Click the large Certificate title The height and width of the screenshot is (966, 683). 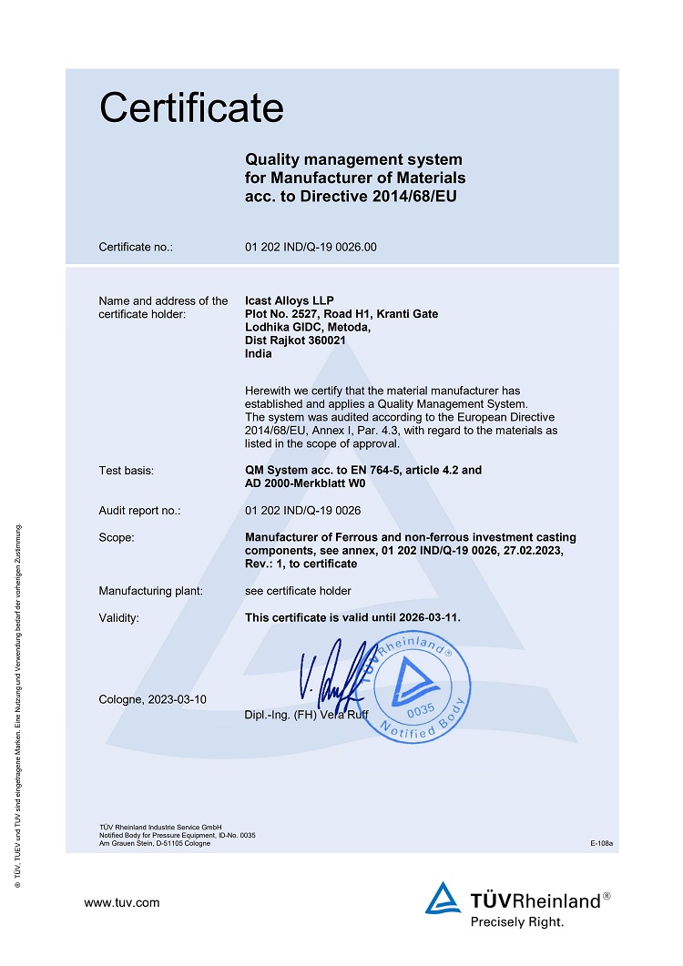click(x=191, y=108)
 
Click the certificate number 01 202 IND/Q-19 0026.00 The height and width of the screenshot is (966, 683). click(x=311, y=247)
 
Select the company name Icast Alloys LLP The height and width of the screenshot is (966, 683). click(x=290, y=301)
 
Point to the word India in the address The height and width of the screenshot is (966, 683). click(x=259, y=355)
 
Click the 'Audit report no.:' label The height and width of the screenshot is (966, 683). click(x=139, y=511)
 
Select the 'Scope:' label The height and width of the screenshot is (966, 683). click(x=117, y=538)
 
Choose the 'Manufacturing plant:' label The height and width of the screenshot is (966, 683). click(x=150, y=591)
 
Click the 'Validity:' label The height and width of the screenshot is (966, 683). click(x=119, y=618)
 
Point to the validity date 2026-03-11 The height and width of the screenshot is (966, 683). click(x=428, y=618)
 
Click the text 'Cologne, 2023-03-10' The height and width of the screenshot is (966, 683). click(x=153, y=699)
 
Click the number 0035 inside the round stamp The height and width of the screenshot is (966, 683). click(x=420, y=708)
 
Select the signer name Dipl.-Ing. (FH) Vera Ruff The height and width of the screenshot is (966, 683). click(x=306, y=714)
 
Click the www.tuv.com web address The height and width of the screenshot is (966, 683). click(x=122, y=903)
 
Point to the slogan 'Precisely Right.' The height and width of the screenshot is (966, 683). click(x=516, y=922)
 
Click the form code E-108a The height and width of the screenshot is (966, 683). click(x=602, y=844)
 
